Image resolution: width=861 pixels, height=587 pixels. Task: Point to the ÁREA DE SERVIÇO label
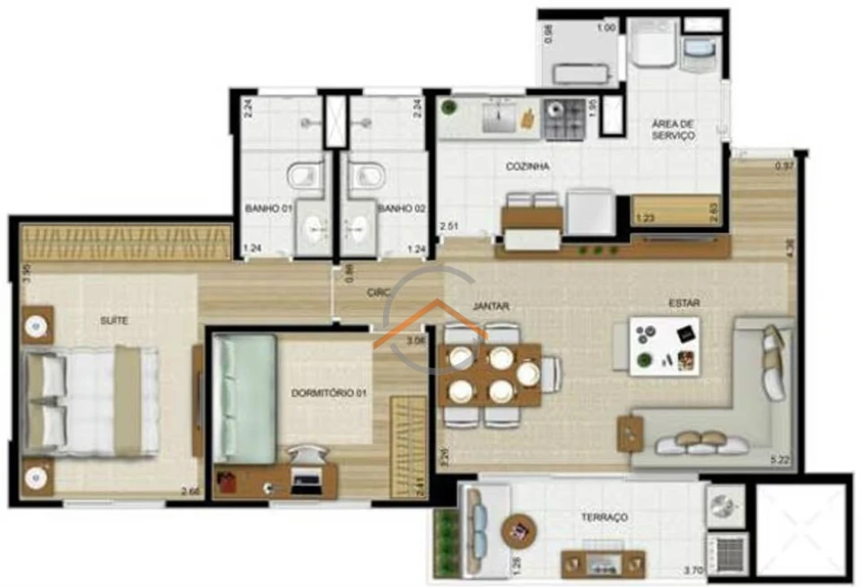click(674, 129)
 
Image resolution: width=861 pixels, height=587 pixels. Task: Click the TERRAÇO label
click(603, 517)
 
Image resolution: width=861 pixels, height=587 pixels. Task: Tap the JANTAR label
click(491, 306)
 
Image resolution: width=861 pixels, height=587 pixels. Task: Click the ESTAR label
click(683, 303)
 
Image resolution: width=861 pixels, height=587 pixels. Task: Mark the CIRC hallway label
click(378, 292)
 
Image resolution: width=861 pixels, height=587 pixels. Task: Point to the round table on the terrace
click(518, 531)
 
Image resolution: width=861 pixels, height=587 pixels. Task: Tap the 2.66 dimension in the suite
click(190, 490)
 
